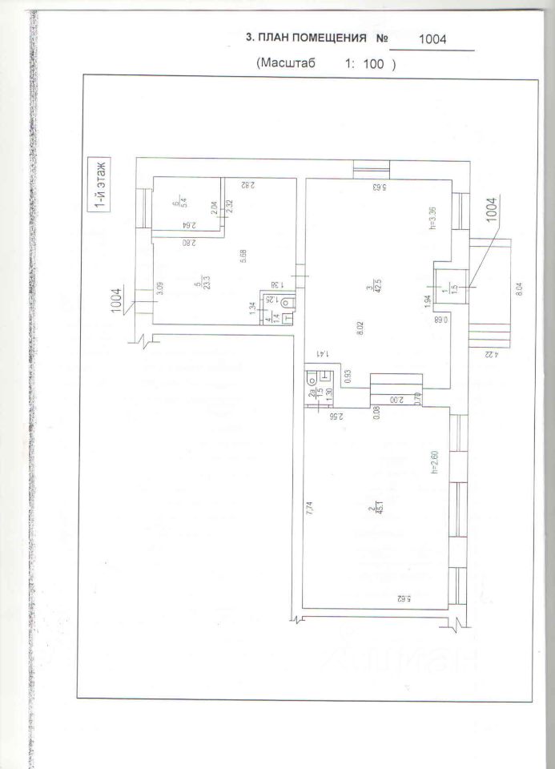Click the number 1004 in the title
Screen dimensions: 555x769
click(433, 39)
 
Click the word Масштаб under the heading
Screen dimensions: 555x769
click(288, 63)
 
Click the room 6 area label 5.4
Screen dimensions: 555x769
click(182, 203)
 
